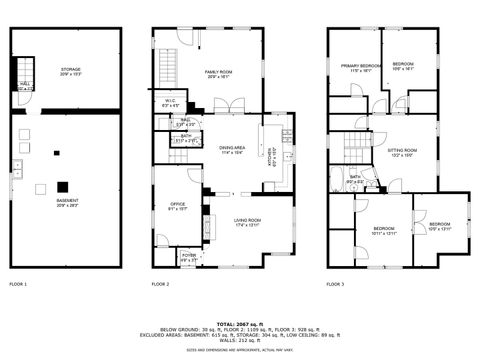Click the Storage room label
[70, 71]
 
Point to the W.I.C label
[171, 103]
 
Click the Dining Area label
[232, 150]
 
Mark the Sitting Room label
[402, 153]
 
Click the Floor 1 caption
[18, 285]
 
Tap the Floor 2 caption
[160, 285]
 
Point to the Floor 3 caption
[335, 285]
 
